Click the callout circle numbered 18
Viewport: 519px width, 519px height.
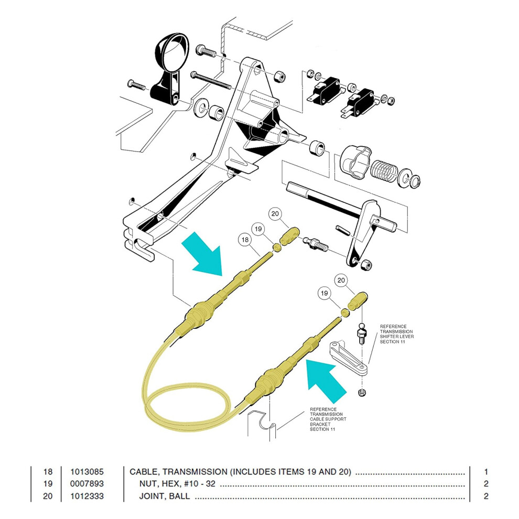click(x=245, y=240)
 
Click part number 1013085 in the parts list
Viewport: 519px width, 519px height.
click(x=87, y=472)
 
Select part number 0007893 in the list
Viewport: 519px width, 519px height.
click(x=87, y=483)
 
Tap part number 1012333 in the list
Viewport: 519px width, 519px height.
click(x=87, y=496)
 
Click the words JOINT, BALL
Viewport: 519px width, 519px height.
click(x=165, y=496)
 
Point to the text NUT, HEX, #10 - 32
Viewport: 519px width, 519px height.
click(x=177, y=483)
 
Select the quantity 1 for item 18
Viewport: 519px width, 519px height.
click(x=486, y=472)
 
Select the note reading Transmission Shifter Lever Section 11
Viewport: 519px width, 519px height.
click(x=396, y=334)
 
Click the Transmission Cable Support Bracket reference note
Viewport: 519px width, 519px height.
click(x=328, y=419)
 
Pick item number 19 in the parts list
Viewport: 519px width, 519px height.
click(x=48, y=483)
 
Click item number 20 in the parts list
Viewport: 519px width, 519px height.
click(x=48, y=496)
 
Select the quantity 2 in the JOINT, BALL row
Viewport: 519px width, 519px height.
click(x=486, y=496)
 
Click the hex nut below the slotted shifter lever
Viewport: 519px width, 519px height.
click(x=362, y=393)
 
